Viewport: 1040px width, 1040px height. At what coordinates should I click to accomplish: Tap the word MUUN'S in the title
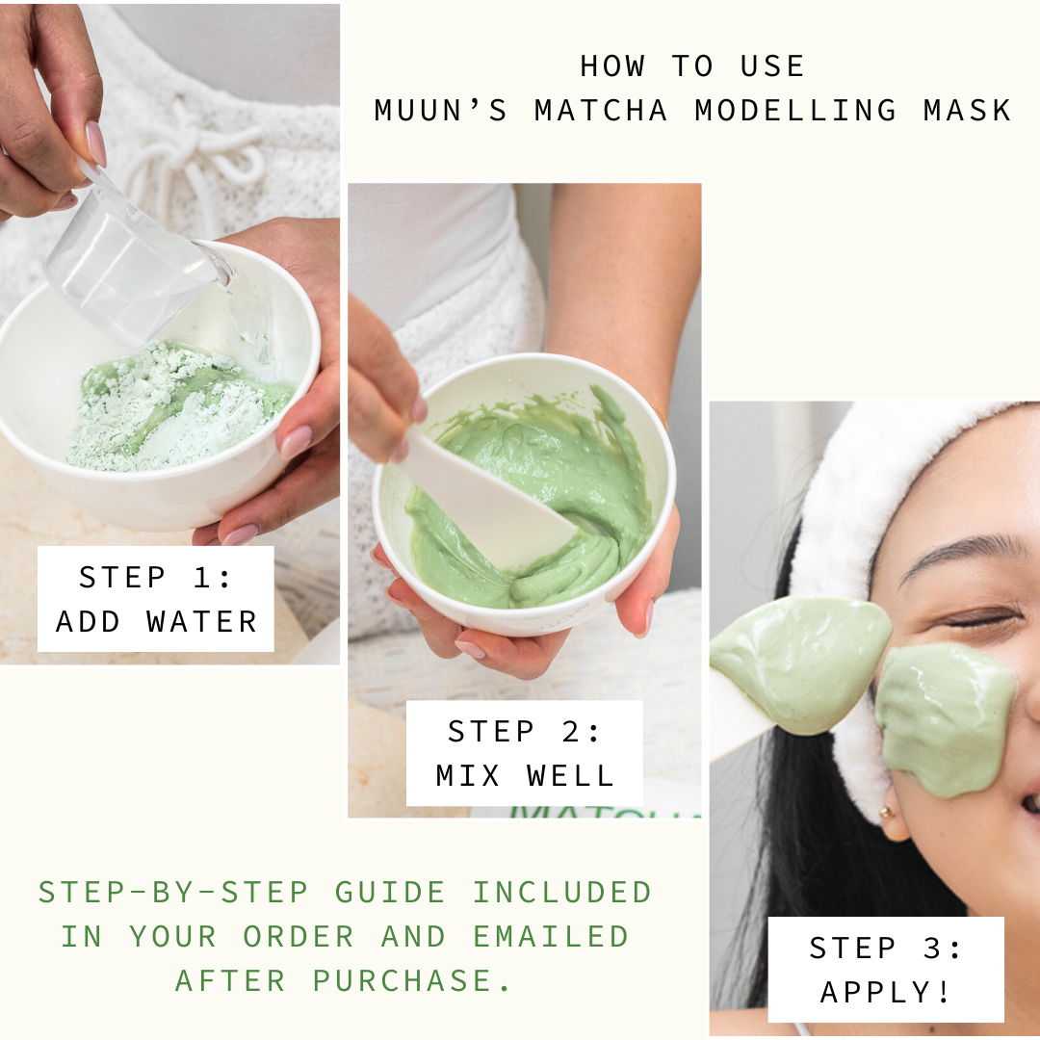pos(441,110)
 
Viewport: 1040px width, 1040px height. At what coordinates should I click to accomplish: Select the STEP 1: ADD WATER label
pos(156,599)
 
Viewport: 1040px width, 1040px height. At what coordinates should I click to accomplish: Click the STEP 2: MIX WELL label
pos(525,753)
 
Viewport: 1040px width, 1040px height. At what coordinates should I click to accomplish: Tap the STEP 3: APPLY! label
pos(886,970)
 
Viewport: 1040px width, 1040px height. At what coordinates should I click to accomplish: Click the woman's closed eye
pos(978,621)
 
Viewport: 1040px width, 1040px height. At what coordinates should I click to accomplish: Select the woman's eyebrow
pos(962,553)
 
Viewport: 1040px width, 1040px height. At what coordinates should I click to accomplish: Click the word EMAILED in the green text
pos(551,937)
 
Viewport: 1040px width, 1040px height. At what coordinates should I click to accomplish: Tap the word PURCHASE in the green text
pos(403,980)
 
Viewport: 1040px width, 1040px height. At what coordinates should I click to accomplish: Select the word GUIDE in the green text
pos(390,892)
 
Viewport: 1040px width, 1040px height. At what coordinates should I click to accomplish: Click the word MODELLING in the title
pos(795,110)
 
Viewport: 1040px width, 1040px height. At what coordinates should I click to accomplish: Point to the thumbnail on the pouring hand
pos(96,143)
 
